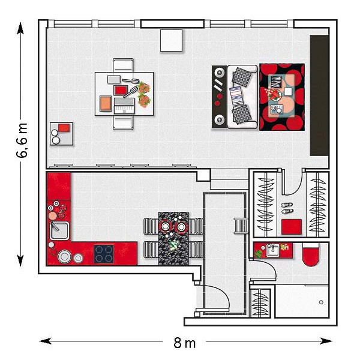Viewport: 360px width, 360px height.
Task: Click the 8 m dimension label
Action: [185, 343]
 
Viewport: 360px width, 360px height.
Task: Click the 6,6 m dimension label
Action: [22, 140]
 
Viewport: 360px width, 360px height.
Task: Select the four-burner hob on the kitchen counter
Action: [104, 254]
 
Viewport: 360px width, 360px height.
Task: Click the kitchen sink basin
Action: [59, 230]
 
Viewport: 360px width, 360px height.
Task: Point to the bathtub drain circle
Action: [321, 302]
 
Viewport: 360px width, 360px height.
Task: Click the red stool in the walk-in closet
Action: [292, 227]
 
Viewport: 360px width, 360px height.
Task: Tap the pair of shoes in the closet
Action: [287, 208]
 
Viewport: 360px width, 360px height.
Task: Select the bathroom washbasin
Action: [272, 250]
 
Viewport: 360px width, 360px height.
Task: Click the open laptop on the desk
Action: [124, 106]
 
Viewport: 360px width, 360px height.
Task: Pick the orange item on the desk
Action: [106, 104]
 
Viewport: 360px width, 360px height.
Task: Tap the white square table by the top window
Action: [171, 40]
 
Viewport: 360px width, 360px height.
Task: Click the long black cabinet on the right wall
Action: [319, 95]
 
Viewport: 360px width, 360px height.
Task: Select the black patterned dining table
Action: [173, 239]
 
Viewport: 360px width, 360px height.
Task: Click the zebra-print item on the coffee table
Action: [276, 82]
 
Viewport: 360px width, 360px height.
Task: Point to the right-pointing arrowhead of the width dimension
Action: [326, 341]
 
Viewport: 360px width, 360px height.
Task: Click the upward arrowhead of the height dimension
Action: [20, 28]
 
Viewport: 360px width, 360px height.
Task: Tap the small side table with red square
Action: [62, 134]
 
